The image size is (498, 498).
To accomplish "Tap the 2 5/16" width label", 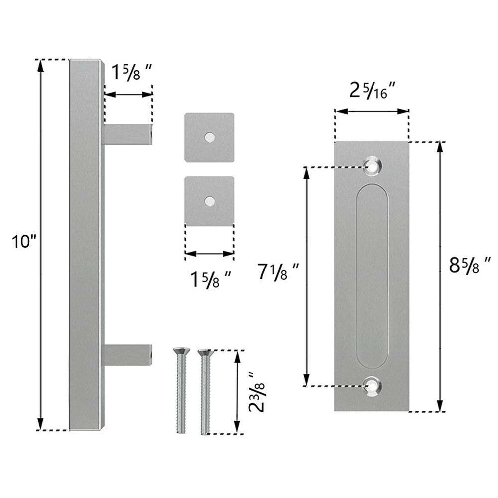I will (x=373, y=91).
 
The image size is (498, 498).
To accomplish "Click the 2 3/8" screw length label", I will (x=256, y=391).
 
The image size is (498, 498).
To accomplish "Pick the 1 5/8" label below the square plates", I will (x=210, y=281).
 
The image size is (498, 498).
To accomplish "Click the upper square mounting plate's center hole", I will (x=210, y=136).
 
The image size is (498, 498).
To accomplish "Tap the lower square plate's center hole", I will (x=210, y=201).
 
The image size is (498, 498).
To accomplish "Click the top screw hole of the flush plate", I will (x=371, y=166).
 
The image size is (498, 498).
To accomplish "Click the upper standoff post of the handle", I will (x=127, y=134).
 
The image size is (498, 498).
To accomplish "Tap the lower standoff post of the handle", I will (x=127, y=355).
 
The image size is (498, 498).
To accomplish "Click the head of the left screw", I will (x=179, y=352).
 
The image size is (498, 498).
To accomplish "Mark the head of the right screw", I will (x=204, y=353).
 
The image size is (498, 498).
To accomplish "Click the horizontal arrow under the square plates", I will (x=209, y=254).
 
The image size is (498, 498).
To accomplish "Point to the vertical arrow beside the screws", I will (x=237, y=391).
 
